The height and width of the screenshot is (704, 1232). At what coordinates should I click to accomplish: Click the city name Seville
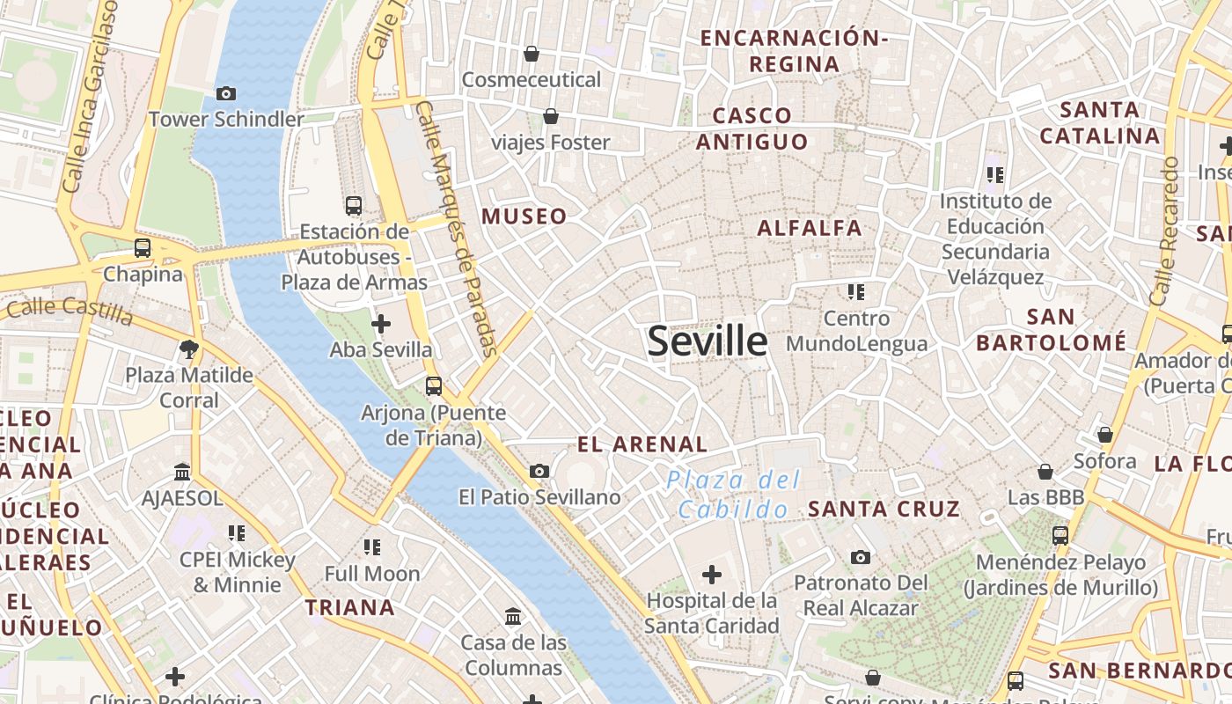[708, 341]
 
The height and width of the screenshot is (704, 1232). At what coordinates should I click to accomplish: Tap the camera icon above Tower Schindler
[226, 93]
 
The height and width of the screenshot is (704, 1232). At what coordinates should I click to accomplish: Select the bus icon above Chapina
[143, 248]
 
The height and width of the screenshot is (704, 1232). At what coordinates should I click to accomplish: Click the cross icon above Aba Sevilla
[381, 324]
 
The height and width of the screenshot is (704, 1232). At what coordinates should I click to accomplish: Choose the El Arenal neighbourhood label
[642, 444]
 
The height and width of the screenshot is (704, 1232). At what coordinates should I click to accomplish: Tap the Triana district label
[350, 607]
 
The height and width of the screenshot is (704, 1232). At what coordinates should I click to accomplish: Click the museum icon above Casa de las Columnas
[513, 616]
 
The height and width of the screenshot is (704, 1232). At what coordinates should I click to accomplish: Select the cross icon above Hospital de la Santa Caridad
[711, 576]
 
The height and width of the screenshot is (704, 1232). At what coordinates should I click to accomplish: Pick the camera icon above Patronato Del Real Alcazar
[861, 557]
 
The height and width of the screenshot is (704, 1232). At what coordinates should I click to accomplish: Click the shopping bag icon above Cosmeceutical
[532, 54]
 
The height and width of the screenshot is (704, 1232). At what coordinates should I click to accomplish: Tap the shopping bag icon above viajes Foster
[551, 116]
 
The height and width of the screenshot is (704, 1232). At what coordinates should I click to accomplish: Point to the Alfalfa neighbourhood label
[810, 228]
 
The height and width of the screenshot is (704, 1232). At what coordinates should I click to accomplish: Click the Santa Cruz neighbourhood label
[884, 509]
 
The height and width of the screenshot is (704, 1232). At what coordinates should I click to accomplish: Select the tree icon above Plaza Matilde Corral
[188, 349]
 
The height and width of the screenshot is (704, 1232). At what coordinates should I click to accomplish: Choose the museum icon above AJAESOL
[182, 473]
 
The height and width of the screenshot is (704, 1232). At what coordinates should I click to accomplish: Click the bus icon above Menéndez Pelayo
[1060, 535]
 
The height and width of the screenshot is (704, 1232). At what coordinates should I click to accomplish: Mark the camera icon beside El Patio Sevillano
[539, 472]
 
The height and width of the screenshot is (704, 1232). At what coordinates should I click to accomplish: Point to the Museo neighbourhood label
[524, 216]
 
